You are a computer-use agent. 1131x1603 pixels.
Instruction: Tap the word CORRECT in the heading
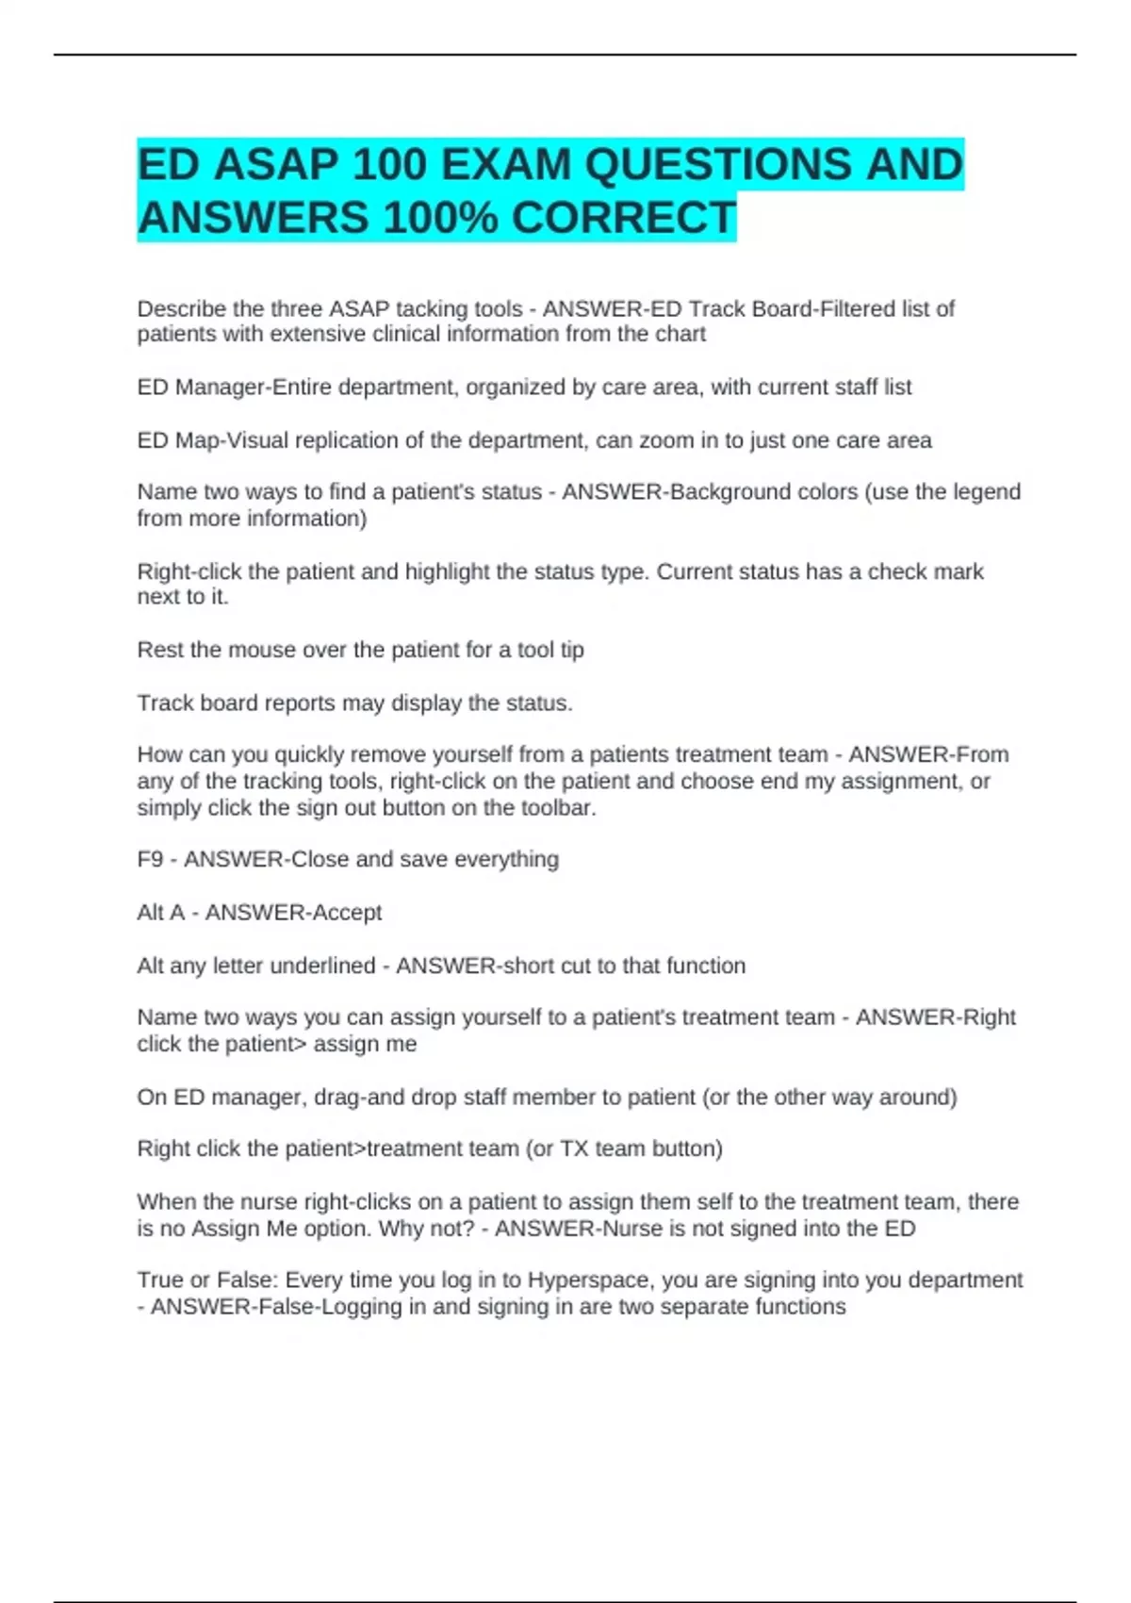623,218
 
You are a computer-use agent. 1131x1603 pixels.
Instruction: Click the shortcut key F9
150,859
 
